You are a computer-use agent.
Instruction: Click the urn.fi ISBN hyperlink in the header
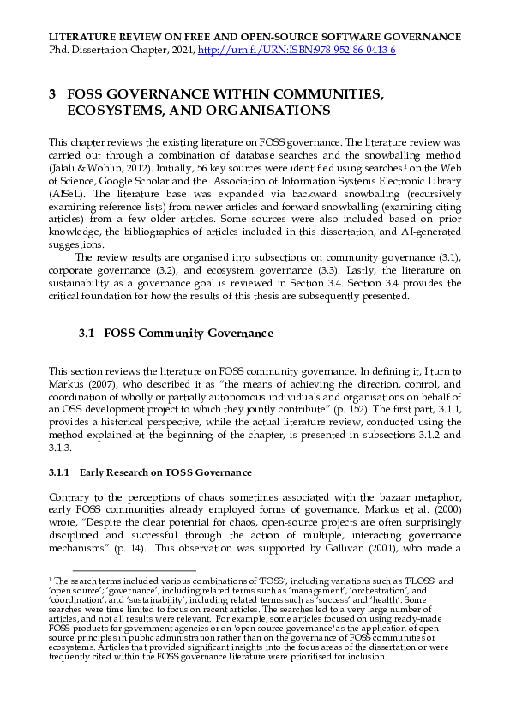297,51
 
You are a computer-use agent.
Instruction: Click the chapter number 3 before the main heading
52,94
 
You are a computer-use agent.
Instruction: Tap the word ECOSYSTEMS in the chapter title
114,111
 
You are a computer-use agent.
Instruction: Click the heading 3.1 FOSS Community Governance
176,333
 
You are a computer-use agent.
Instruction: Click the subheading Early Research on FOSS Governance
151,472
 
